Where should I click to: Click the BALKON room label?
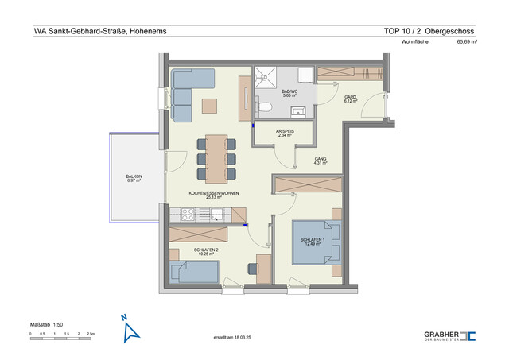pyautogui.click(x=134, y=179)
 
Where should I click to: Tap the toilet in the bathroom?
pyautogui.click(x=267, y=106)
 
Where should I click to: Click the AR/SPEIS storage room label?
pyautogui.click(x=285, y=134)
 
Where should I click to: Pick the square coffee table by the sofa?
pyautogui.click(x=209, y=105)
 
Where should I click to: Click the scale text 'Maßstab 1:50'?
pyautogui.click(x=49, y=323)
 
